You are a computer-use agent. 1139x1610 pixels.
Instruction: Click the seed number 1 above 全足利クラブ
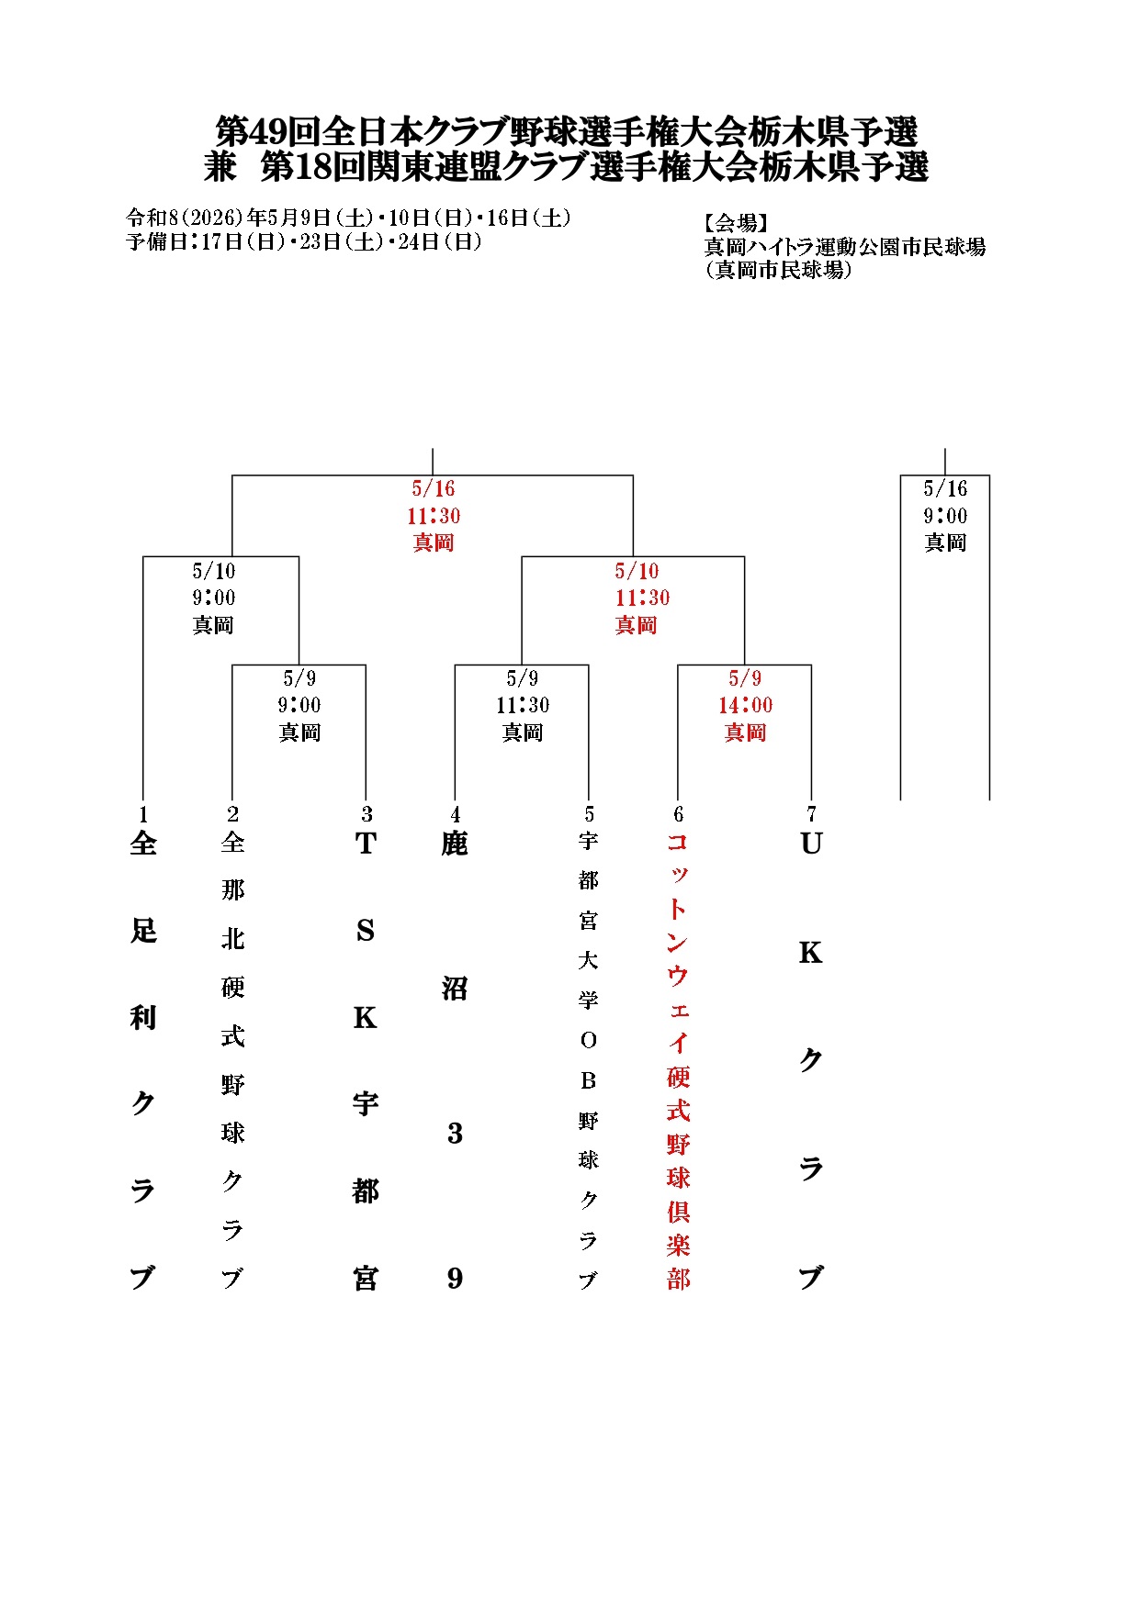coord(143,814)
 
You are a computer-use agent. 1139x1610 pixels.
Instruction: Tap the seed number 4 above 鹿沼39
coord(456,814)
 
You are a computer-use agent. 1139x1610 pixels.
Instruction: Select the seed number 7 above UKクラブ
coord(811,814)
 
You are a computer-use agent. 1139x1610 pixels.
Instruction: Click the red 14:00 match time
coord(745,705)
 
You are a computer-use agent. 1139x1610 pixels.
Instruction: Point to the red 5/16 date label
coord(434,488)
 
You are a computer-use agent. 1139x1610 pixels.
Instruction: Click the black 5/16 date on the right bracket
coord(945,488)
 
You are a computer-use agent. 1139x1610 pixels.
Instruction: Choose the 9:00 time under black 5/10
coord(214,598)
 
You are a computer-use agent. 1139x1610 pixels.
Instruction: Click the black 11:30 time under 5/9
coord(523,705)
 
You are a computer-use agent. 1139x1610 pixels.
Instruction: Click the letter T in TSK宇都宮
coord(366,844)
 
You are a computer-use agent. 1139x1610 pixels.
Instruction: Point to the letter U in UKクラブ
coord(811,844)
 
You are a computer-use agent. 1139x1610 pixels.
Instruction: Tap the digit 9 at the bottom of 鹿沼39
coord(456,1278)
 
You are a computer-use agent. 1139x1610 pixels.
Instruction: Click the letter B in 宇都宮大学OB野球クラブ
coord(589,1080)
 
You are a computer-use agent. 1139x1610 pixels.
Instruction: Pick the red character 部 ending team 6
coord(678,1279)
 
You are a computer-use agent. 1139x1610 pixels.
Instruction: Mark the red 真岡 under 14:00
coord(745,732)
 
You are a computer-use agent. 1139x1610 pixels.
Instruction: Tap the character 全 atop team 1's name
coord(143,844)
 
